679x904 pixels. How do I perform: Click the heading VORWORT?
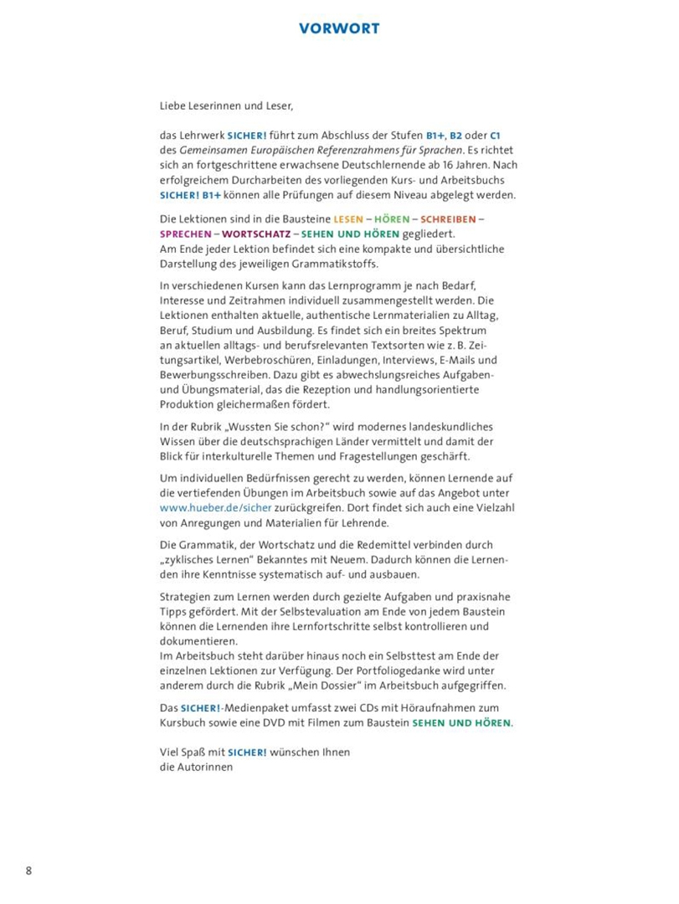pos(339,28)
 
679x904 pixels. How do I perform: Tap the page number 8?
pos(29,871)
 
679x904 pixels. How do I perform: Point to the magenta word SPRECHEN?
pos(185,234)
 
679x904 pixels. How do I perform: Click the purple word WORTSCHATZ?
pos(255,234)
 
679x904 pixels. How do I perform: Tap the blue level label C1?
pos(494,135)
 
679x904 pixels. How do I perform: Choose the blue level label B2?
pos(456,135)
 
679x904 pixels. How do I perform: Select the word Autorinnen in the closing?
pos(205,767)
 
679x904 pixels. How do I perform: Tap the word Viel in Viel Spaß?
pos(170,752)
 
